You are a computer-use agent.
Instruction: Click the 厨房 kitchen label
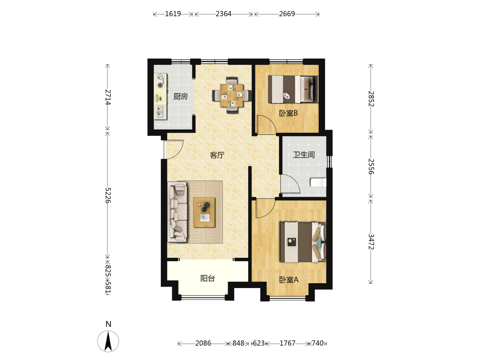click(180, 96)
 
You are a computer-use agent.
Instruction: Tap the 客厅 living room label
click(217, 155)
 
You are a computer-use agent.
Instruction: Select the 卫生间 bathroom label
click(304, 155)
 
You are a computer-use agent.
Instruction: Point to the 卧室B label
click(288, 113)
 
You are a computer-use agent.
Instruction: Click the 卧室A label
click(288, 280)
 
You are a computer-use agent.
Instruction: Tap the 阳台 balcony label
click(207, 278)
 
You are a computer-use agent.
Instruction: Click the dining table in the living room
click(232, 95)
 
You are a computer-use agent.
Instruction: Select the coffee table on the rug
click(204, 213)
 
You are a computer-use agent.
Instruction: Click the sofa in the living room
click(178, 212)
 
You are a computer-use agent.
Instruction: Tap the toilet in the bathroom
click(318, 182)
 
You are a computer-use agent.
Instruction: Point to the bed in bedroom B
click(293, 89)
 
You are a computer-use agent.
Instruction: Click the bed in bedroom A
click(303, 242)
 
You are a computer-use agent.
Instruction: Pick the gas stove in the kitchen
click(160, 82)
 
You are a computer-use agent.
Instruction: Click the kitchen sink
click(160, 112)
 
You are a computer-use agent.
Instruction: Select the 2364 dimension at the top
click(224, 14)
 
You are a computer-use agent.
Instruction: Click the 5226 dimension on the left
click(108, 195)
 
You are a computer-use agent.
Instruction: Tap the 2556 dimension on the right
click(371, 166)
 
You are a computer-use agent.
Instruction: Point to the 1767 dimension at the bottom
click(288, 343)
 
